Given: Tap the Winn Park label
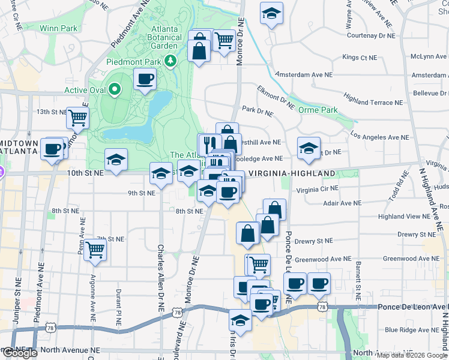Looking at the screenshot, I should click(x=59, y=28).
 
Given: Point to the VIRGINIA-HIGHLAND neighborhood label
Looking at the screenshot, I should click(x=292, y=173).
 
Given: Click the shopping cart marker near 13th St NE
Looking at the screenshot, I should click(x=77, y=117).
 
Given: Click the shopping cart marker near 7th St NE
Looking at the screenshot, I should click(x=95, y=248).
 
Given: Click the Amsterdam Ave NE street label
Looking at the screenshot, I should click(x=304, y=75).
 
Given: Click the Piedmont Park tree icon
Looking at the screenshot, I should click(x=171, y=61).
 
